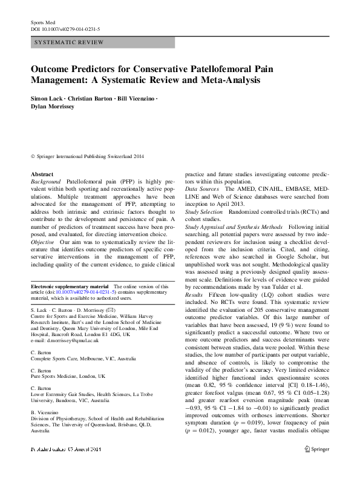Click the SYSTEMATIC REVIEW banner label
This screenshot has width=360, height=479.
point(70,42)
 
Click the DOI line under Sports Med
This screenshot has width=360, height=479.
point(65,29)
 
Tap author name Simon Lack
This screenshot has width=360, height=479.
point(46,97)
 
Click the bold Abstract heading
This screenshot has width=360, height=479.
point(42,174)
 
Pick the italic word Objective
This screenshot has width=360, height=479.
point(44,241)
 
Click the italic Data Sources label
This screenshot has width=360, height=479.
point(202,190)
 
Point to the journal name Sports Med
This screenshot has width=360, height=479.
point(42,22)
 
